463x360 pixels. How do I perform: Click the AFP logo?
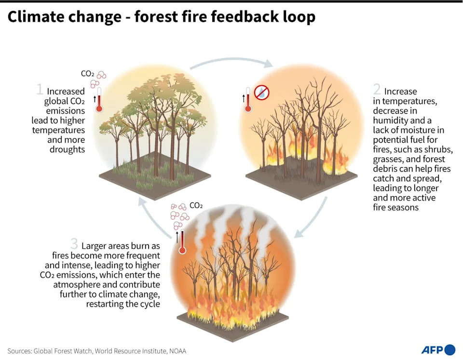438,350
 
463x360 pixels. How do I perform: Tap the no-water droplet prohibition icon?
261,93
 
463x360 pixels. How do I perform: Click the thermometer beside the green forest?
99,100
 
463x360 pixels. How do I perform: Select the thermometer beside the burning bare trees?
248,100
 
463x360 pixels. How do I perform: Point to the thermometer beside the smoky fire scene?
182,241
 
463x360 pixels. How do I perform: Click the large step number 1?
40,89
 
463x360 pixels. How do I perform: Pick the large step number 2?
377,89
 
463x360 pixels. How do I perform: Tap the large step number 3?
74,244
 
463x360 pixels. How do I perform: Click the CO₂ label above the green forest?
87,73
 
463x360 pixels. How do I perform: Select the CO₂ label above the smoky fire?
196,205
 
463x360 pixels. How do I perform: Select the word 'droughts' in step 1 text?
67,149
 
